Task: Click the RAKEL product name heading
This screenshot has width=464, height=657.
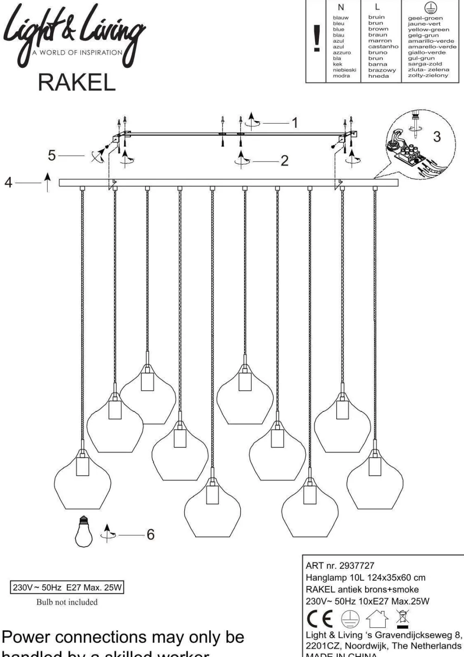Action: tap(77, 83)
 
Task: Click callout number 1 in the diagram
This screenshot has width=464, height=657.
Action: tap(295, 123)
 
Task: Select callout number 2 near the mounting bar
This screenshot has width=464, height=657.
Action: tap(284, 161)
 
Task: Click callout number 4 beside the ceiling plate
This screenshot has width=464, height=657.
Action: tap(8, 182)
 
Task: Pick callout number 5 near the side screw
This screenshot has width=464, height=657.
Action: tap(52, 155)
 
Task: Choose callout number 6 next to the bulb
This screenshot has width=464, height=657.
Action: tap(150, 534)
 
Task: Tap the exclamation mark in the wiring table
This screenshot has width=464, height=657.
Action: tap(317, 38)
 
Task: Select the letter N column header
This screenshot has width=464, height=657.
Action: tap(341, 7)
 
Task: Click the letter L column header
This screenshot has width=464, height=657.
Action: tap(377, 7)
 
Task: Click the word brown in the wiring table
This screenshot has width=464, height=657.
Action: tap(378, 29)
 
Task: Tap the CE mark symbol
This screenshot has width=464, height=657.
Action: tap(320, 618)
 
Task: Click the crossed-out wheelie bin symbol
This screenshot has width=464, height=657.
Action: tap(402, 618)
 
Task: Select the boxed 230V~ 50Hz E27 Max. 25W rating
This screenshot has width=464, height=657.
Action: tap(67, 587)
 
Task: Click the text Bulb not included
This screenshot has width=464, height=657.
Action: tap(67, 602)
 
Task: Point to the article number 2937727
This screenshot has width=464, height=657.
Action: tap(356, 566)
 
